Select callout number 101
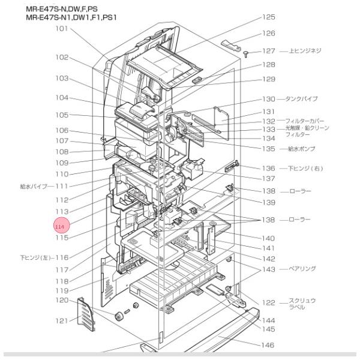coord(62,28)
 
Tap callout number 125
coord(268,17)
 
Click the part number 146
coord(268,345)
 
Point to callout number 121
coord(62,321)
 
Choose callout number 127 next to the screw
coord(268,51)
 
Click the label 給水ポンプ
coord(299,148)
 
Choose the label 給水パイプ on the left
coord(33,187)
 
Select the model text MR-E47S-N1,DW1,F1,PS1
coord(71,17)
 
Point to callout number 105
coord(62,115)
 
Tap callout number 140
coord(268,238)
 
